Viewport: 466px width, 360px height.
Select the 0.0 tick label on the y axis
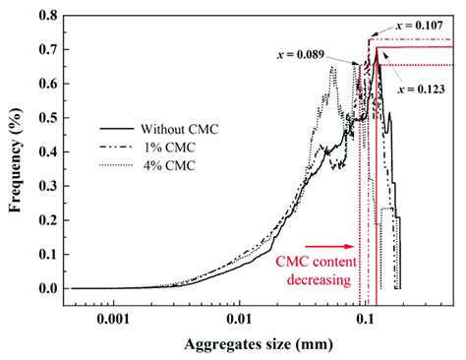46,288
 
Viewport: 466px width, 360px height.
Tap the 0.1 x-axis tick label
365,319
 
